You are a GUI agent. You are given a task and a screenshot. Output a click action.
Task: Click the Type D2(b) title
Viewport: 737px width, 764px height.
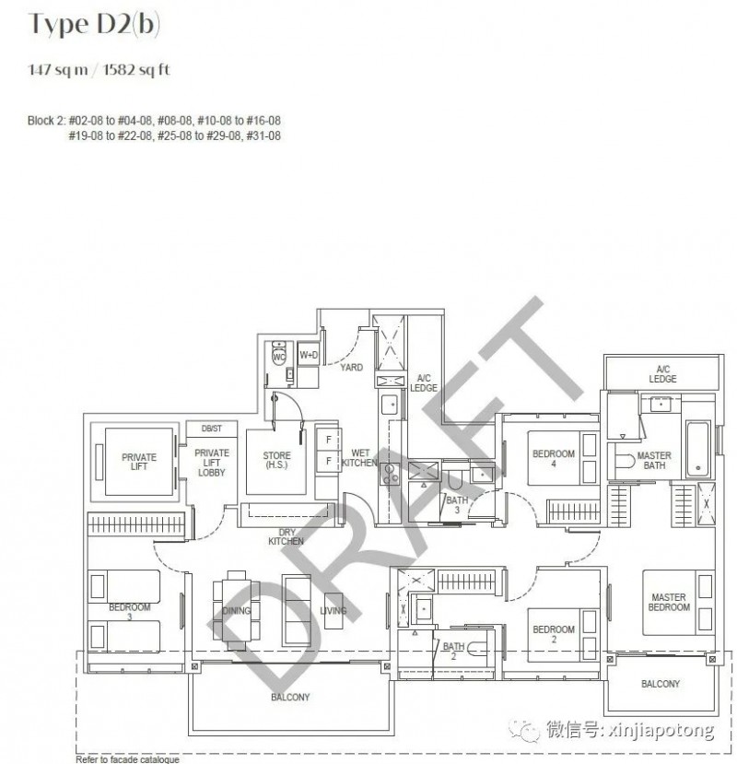point(94,24)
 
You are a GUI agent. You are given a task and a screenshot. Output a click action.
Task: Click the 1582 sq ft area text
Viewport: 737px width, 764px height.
point(136,70)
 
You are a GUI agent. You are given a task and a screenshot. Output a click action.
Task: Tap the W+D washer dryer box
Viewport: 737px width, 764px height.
point(309,355)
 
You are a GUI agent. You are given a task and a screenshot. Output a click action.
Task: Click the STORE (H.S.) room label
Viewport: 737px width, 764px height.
point(276,460)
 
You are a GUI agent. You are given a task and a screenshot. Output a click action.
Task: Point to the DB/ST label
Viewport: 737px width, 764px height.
point(211,429)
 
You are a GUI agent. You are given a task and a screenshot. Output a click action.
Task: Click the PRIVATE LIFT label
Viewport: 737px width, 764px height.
point(139,462)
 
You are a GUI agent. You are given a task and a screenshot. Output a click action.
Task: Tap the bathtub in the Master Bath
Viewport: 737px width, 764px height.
point(697,449)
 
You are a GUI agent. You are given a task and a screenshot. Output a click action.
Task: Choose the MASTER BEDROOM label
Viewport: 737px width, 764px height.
point(668,602)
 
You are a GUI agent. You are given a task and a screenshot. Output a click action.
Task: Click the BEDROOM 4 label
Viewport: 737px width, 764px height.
point(554,459)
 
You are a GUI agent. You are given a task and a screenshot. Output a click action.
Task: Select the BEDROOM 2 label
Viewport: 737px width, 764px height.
point(554,634)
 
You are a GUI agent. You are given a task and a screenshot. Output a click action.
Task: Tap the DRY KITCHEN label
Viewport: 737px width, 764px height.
point(286,536)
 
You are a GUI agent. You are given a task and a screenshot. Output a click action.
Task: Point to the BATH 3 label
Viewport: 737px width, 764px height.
point(457,505)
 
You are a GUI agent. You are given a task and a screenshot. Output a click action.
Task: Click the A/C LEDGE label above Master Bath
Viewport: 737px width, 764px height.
point(662,374)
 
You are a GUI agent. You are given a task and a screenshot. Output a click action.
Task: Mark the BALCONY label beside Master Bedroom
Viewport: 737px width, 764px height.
point(660,684)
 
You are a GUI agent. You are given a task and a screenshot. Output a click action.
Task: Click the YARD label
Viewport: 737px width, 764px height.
point(351,368)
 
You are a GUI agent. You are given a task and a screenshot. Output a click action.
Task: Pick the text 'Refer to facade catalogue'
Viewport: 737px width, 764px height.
point(128,759)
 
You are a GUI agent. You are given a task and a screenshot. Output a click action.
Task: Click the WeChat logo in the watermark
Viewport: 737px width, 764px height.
point(523,730)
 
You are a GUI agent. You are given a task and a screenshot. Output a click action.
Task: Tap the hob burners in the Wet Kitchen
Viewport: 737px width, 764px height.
point(390,474)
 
